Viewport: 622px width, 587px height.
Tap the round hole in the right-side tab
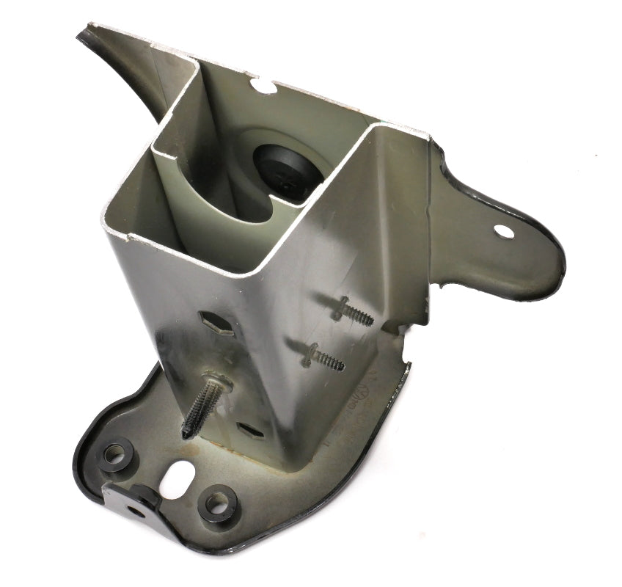(504, 230)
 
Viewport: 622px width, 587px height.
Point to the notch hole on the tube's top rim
(266, 86)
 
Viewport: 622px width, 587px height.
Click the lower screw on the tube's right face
(323, 356)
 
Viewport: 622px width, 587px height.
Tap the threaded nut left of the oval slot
(115, 456)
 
